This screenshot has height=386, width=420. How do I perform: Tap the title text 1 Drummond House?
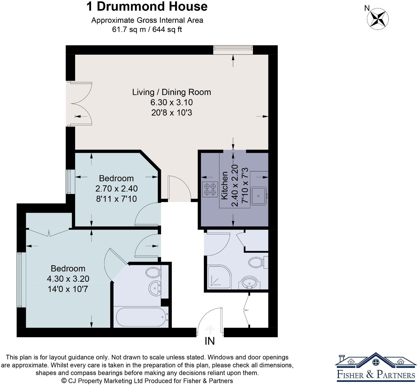(x=147, y=6)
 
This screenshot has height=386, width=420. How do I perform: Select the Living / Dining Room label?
(x=172, y=92)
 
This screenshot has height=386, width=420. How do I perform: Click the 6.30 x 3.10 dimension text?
(x=172, y=102)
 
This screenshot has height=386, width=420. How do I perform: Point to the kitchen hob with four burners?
(x=210, y=189)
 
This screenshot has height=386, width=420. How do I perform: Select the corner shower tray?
(x=219, y=277)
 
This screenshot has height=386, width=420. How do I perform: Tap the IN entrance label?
(x=210, y=341)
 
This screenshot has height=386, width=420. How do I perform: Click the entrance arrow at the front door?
(x=210, y=330)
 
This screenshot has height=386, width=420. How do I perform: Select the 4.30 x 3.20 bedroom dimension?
(x=68, y=279)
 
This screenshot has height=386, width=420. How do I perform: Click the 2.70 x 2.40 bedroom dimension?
(x=116, y=189)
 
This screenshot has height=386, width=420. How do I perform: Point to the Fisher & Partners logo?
(x=376, y=367)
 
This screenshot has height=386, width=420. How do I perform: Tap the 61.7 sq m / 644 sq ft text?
(x=147, y=29)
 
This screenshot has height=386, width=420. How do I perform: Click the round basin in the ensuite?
(x=154, y=288)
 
